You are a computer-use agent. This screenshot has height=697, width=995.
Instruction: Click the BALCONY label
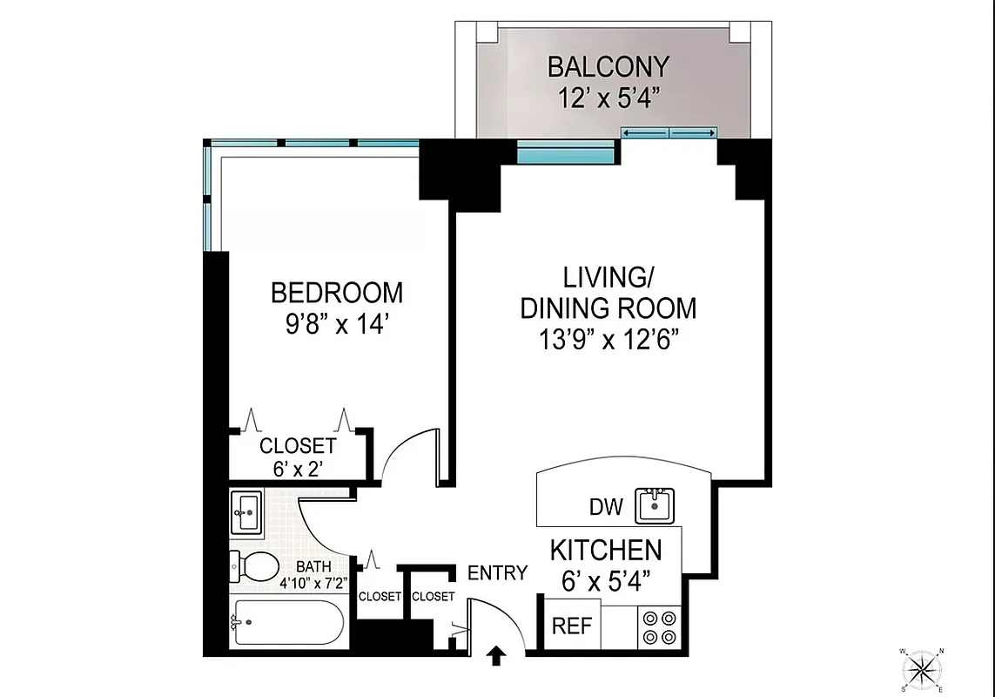[x=608, y=66]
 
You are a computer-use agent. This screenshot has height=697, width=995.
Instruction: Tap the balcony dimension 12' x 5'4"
[x=608, y=95]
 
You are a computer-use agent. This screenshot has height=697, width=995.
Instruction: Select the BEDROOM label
[x=337, y=291]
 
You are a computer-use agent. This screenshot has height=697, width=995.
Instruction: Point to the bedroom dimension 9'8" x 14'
[x=337, y=324]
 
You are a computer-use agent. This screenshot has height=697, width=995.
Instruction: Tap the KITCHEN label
[x=605, y=551]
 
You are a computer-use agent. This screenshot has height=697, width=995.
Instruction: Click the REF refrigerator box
[x=572, y=626]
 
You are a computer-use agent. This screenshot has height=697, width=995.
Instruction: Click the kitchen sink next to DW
[x=655, y=505]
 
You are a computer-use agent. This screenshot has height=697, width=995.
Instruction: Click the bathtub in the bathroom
[x=287, y=622]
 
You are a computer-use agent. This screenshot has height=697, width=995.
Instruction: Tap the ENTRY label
[x=497, y=572]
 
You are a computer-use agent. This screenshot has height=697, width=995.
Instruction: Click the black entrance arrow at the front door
[x=496, y=654]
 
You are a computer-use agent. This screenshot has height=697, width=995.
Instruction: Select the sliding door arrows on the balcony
[x=669, y=132]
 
